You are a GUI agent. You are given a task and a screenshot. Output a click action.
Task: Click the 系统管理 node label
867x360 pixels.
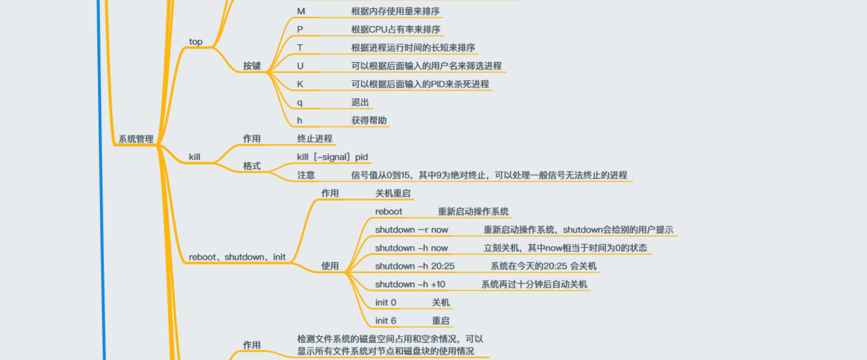(136, 139)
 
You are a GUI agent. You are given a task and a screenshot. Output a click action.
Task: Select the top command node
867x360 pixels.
(196, 42)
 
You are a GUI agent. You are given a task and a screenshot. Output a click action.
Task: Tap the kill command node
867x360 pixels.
(194, 157)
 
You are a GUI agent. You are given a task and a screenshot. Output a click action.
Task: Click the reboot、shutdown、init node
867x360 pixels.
(237, 257)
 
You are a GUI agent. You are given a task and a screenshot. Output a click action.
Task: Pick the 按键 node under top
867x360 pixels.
(252, 66)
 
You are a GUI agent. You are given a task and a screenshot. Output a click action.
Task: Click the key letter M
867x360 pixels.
(301, 11)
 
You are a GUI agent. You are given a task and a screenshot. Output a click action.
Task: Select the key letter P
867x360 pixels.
(300, 29)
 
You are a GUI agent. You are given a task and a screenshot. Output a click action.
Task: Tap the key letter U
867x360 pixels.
(300, 66)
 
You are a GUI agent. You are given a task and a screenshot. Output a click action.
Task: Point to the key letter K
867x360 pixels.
(300, 84)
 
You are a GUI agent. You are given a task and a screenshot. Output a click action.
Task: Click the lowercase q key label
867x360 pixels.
(300, 103)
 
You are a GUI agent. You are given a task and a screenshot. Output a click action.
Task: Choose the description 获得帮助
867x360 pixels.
(369, 120)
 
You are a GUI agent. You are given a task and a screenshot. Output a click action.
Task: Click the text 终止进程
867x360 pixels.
(315, 139)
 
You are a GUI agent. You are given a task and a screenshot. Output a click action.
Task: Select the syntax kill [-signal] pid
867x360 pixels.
(332, 157)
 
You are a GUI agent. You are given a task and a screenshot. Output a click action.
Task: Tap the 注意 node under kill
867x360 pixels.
(306, 175)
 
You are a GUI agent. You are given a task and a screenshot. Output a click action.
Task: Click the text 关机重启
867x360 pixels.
(393, 193)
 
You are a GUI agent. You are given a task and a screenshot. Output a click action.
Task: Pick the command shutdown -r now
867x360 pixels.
(411, 230)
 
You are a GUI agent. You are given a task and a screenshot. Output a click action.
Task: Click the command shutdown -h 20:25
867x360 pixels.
(415, 266)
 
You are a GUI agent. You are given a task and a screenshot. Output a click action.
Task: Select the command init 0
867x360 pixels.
(386, 302)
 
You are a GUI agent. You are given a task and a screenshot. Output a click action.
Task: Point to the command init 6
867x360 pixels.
(386, 321)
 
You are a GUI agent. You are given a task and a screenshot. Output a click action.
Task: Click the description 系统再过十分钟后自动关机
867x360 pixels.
(534, 284)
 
